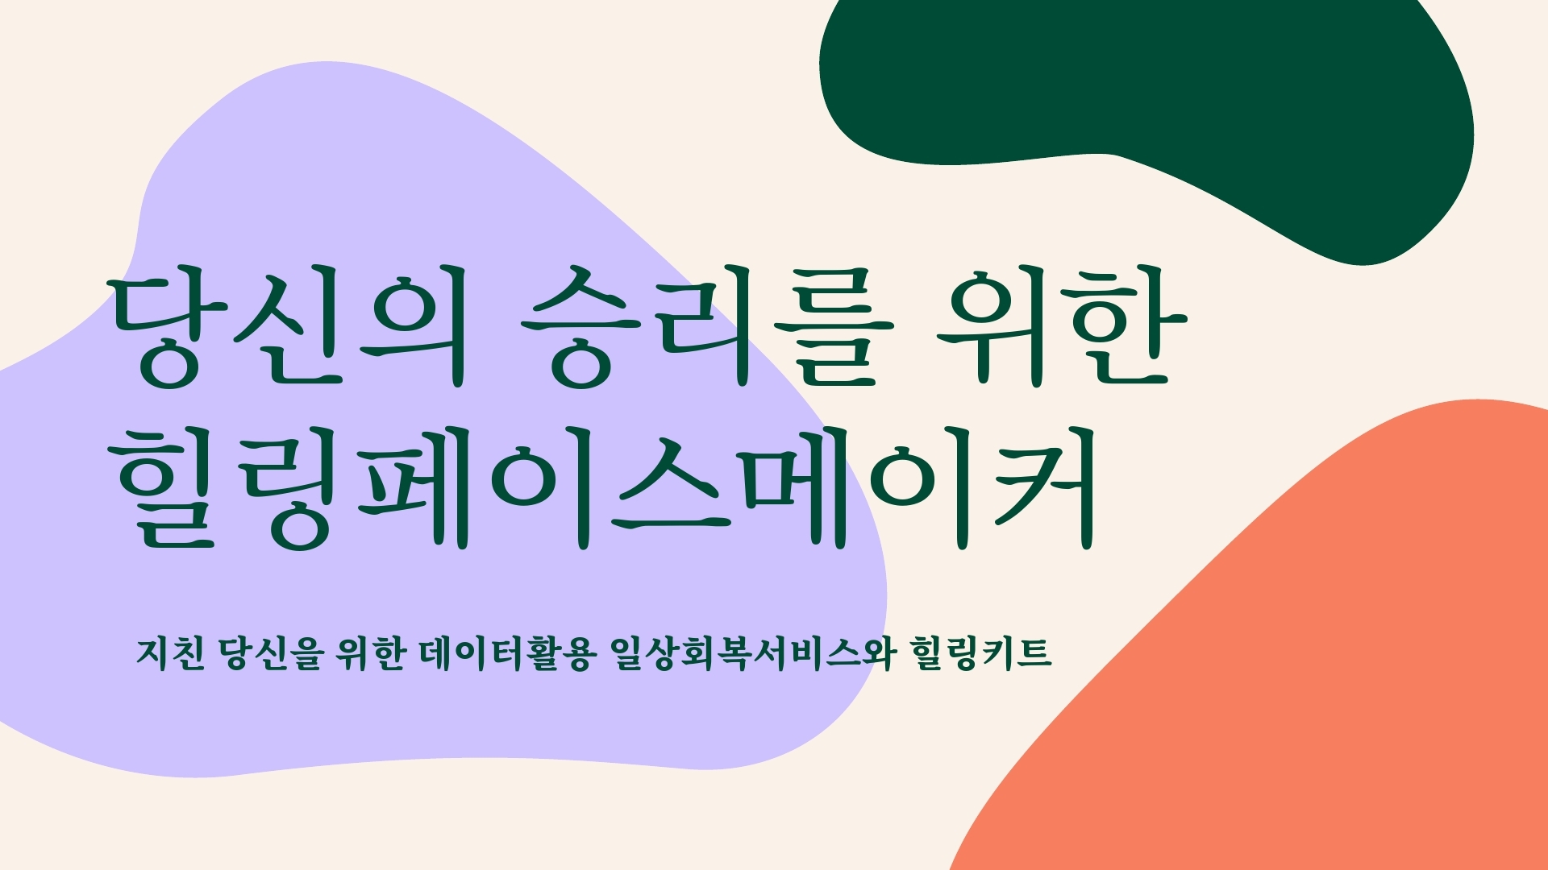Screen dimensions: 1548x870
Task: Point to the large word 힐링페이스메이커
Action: pyautogui.click(x=607, y=490)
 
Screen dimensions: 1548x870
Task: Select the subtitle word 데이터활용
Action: pyautogui.click(x=507, y=652)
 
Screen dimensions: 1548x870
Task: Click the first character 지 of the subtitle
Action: pyautogui.click(x=152, y=652)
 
